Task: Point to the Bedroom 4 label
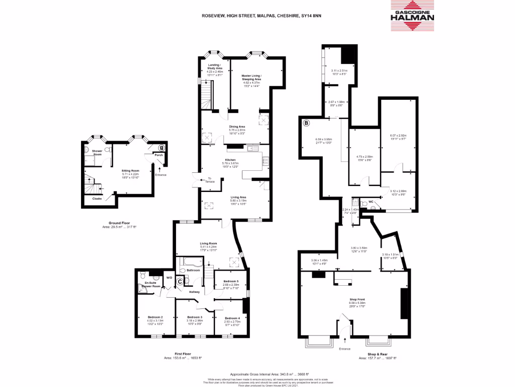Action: (232, 318)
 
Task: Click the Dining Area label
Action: (237, 127)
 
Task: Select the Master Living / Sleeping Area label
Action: (251, 77)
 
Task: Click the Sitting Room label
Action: (130, 171)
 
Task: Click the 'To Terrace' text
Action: (210, 178)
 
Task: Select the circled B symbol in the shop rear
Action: (306, 122)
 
